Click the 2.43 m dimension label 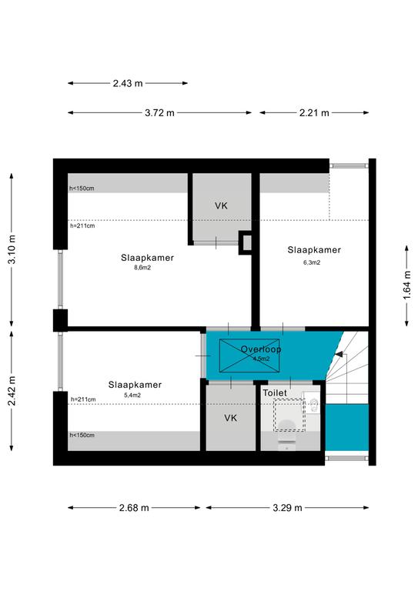click(x=128, y=83)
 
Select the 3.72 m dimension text click(x=159, y=112)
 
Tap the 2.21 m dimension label click(x=314, y=112)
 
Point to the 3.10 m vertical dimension click(x=12, y=249)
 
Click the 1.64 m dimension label click(x=407, y=285)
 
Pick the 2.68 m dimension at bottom click(x=134, y=508)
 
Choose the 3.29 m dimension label click(x=287, y=508)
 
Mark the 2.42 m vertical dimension click(x=12, y=391)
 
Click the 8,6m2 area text click(x=142, y=268)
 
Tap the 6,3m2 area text click(x=312, y=262)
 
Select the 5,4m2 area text click(x=132, y=396)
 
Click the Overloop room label click(x=261, y=349)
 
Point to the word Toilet click(x=275, y=392)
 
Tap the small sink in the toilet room click(x=312, y=403)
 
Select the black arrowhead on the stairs click(x=339, y=354)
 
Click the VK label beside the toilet click(x=230, y=418)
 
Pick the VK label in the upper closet click(x=221, y=205)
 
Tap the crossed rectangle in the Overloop click(x=249, y=356)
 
